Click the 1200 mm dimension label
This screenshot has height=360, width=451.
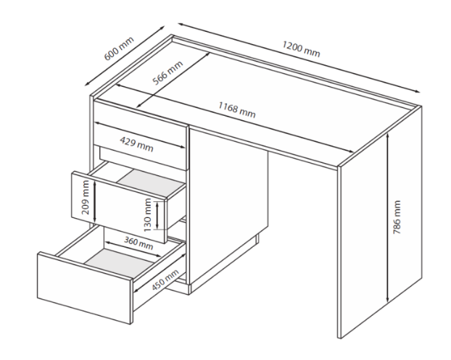301,49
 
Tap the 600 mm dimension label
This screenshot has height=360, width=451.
119,49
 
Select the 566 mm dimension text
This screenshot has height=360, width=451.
167,73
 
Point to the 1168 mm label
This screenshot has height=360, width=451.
236,110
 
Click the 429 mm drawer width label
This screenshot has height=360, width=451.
136,144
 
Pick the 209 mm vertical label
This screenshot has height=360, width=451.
86,197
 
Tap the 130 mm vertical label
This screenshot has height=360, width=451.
147,215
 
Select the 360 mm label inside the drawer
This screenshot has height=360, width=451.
138,243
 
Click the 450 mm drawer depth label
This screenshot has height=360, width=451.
165,280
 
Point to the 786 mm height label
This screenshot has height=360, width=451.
397,217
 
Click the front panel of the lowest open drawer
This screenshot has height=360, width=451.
85,288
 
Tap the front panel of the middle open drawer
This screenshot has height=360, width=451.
119,207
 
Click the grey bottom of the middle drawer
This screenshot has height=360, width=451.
152,183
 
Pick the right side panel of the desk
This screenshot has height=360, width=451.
380,222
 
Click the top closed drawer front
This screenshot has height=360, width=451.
141,135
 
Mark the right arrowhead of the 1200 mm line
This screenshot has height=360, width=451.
418,91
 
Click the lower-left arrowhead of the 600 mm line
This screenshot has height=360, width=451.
87,84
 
